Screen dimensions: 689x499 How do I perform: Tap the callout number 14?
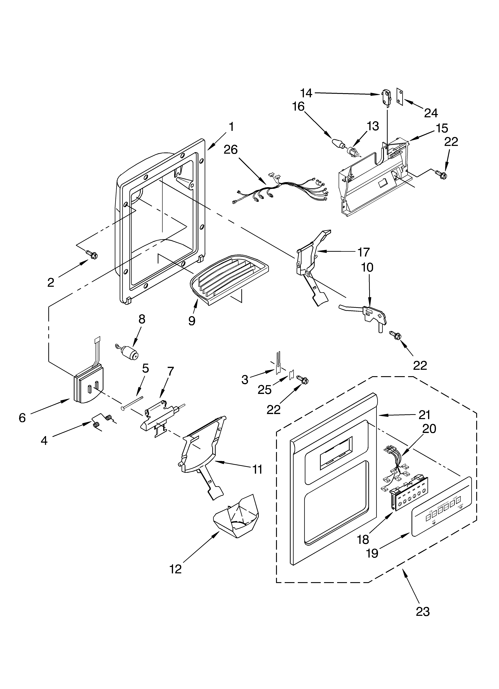click(306, 93)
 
